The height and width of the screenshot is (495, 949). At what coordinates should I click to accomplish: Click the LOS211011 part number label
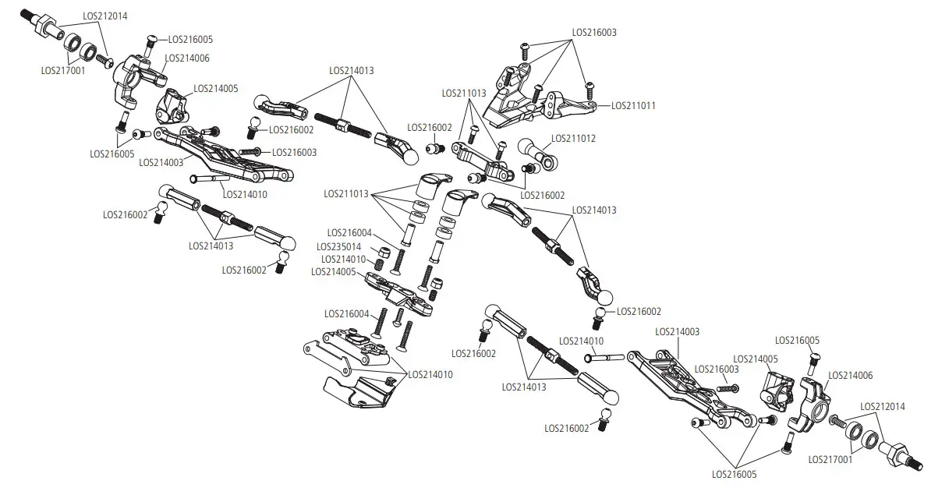coord(633,105)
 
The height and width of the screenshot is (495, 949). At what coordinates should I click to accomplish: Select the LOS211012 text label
coord(573,139)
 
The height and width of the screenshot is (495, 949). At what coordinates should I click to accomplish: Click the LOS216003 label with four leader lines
coord(594,33)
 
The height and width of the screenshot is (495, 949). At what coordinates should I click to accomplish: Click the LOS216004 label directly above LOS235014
coord(349,232)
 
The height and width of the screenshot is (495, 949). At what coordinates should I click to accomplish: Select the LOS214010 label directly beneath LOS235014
coord(343,259)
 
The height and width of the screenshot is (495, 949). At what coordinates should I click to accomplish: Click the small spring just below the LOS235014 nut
coord(380,265)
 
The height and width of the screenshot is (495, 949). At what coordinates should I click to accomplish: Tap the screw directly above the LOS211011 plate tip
coord(590,85)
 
